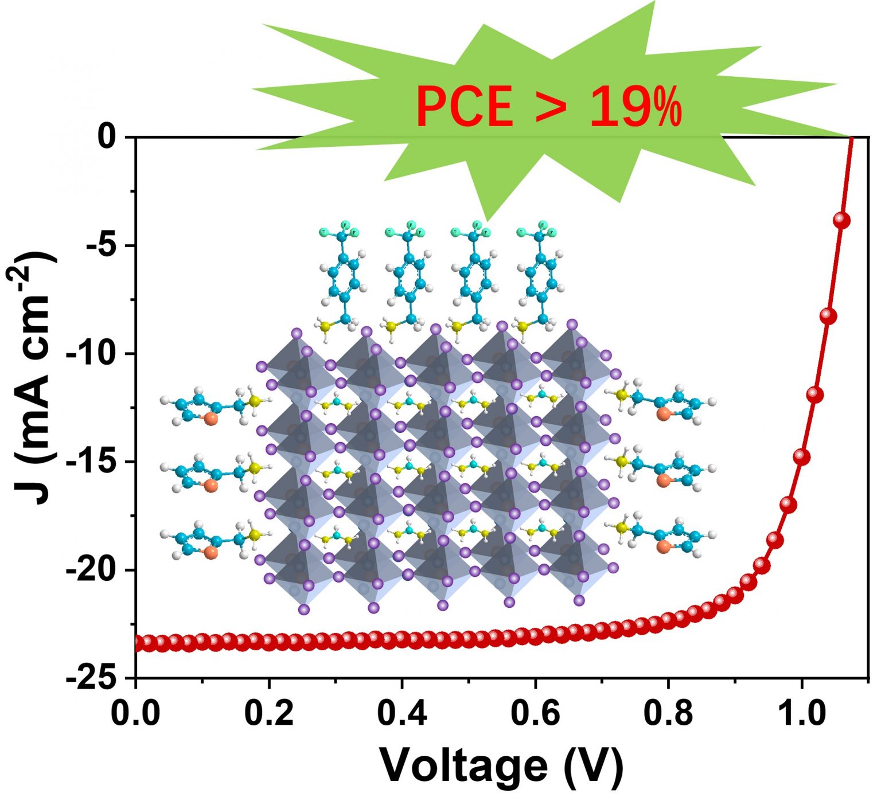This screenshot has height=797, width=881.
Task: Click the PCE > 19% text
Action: click(x=549, y=107)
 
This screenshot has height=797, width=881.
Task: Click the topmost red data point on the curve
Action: click(x=841, y=220)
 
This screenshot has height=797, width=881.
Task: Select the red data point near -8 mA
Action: click(x=828, y=315)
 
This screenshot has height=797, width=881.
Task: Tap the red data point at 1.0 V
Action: click(x=802, y=457)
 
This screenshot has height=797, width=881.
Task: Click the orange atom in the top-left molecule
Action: click(x=210, y=419)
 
